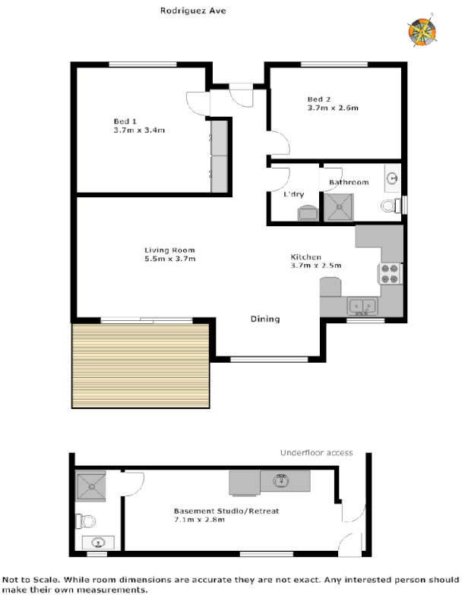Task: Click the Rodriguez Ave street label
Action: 193,11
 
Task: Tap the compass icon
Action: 422,32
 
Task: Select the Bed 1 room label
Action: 125,121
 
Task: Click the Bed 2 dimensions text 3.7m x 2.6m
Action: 333,109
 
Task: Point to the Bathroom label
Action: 349,182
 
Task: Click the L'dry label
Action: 294,195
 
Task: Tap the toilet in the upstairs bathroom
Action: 390,206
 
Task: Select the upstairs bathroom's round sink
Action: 393,178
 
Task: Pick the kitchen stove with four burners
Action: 390,273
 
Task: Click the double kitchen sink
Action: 363,307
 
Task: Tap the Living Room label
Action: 170,250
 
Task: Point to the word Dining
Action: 265,319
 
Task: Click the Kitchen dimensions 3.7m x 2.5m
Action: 316,266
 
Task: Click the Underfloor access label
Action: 316,453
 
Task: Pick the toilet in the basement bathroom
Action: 85,521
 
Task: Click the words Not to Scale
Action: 24,579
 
